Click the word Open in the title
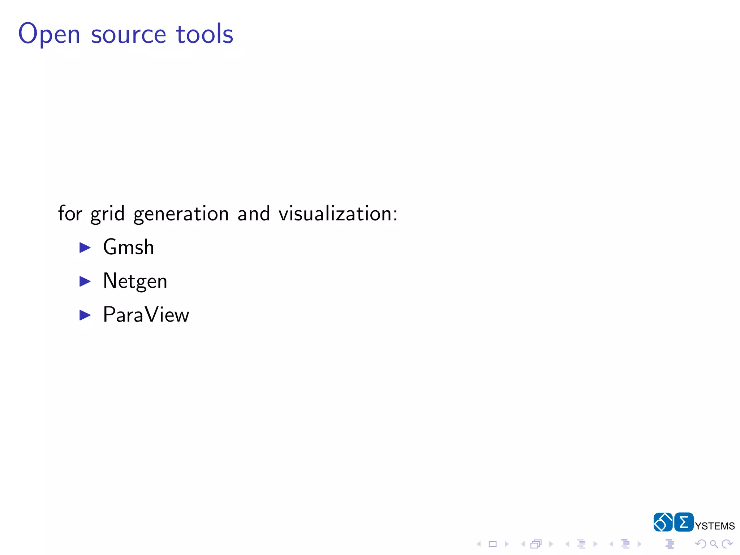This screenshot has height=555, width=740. (x=49, y=34)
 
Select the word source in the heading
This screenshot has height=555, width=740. (x=128, y=35)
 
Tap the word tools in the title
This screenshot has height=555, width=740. (x=205, y=34)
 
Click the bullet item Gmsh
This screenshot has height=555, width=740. (x=128, y=247)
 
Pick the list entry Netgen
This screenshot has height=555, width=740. (x=135, y=281)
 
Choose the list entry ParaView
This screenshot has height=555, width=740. (x=146, y=315)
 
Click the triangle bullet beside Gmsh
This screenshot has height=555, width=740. (x=85, y=248)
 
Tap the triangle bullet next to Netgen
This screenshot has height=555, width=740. (x=85, y=281)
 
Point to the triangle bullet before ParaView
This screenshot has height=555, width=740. (x=85, y=315)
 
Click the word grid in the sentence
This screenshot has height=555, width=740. (x=107, y=214)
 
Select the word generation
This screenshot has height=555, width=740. (x=181, y=214)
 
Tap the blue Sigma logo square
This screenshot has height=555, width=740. (x=684, y=522)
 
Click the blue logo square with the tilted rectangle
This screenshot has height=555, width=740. (x=663, y=522)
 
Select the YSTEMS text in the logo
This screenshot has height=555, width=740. (x=715, y=526)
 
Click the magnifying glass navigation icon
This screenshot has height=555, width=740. (x=714, y=544)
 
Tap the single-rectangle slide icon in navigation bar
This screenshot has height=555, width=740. (x=492, y=544)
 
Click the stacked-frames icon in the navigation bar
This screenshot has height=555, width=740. (x=536, y=544)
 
